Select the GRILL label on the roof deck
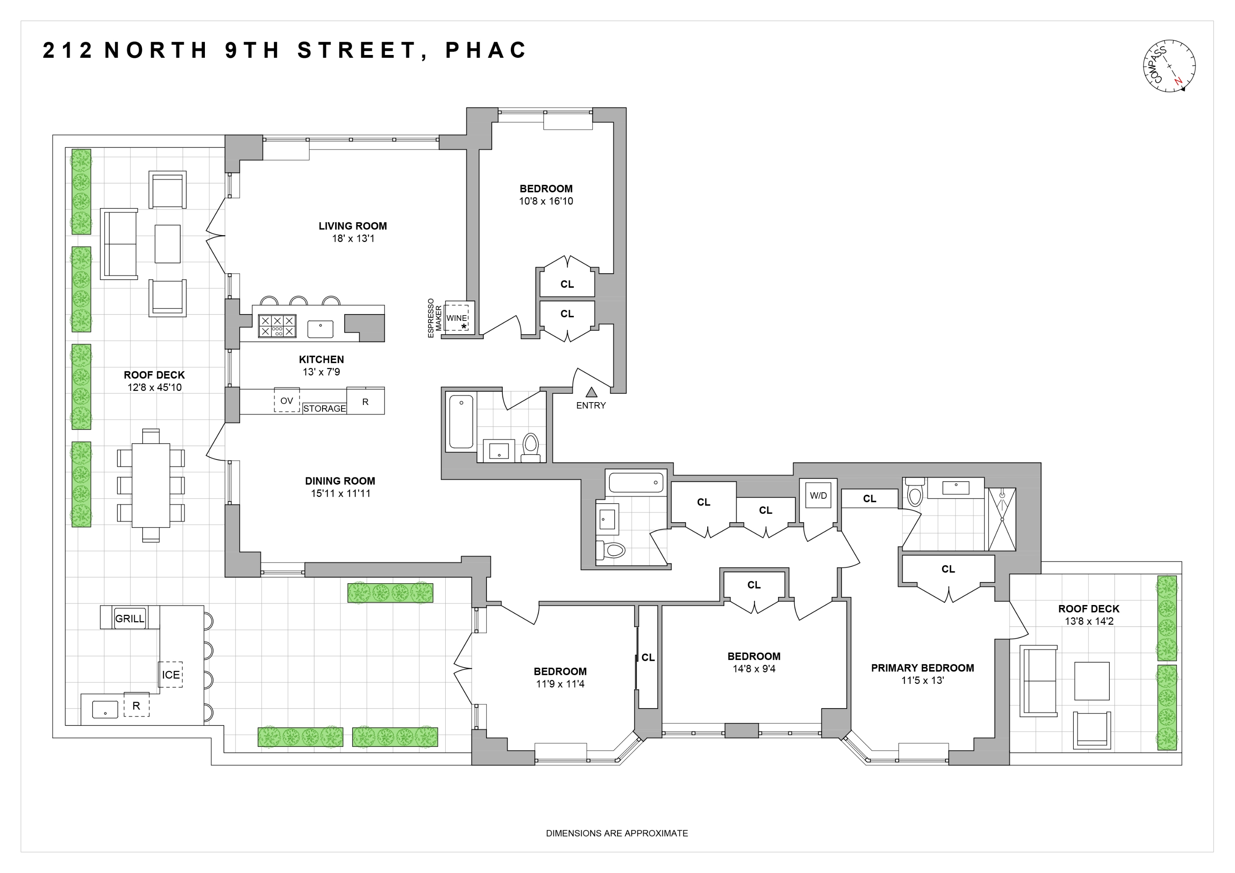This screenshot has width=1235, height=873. point(130,618)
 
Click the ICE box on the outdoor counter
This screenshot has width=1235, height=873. point(171,675)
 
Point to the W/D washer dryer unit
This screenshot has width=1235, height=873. point(818,496)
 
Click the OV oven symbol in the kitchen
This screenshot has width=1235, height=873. point(287,401)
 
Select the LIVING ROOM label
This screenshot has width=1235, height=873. point(352,226)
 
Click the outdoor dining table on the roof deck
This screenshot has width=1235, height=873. point(151,485)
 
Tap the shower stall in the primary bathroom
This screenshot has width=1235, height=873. point(1001,519)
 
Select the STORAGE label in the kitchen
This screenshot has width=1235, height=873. point(325,409)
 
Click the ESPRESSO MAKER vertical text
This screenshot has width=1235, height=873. point(434,318)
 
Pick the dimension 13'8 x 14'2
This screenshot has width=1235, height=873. point(1089,621)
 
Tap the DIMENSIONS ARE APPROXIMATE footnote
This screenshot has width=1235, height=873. point(616,833)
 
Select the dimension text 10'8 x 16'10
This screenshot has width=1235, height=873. point(546,201)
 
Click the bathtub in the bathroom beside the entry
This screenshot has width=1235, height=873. point(461,422)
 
